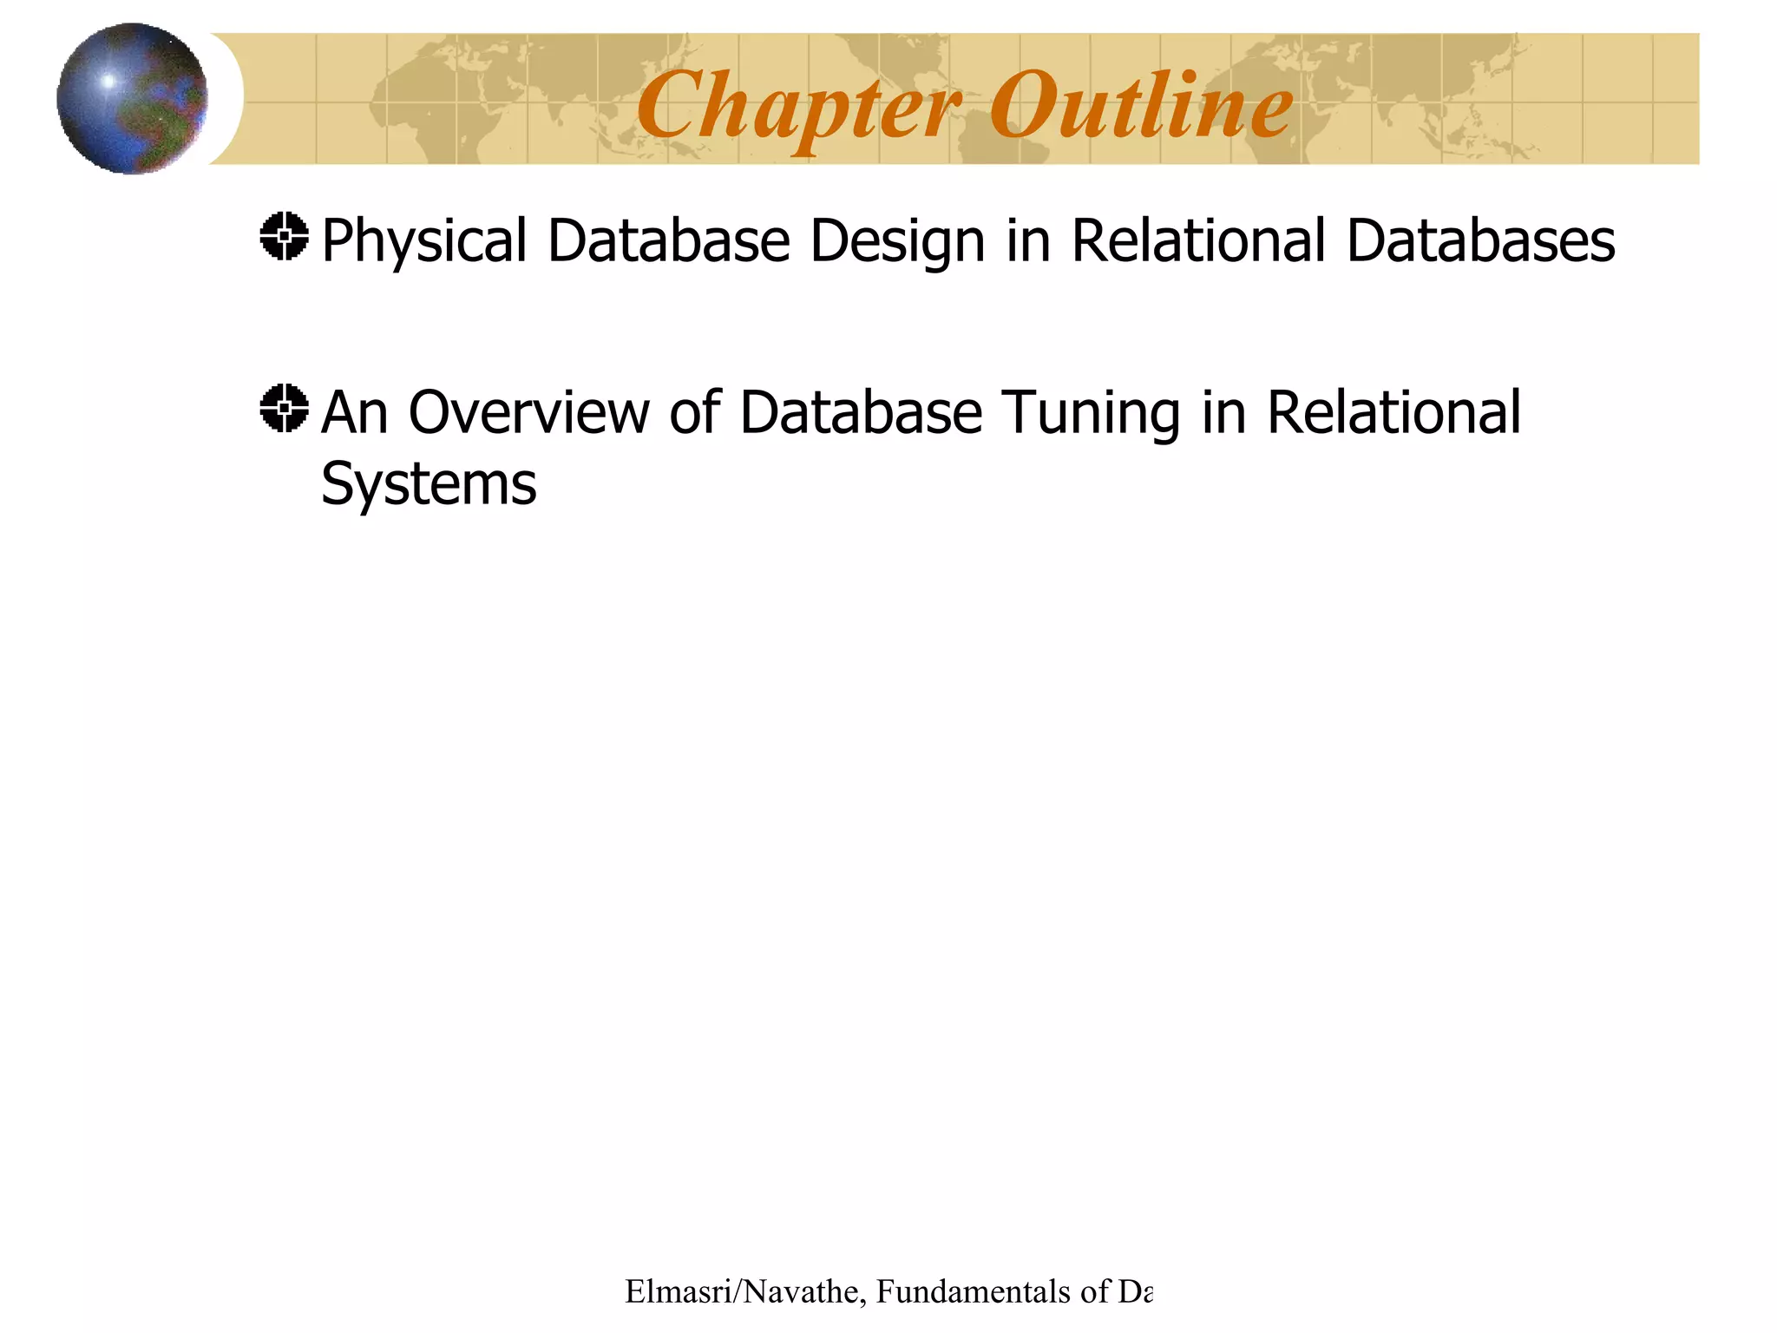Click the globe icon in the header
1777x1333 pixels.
pyautogui.click(x=132, y=98)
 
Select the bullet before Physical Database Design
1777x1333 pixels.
pyautogui.click(x=284, y=236)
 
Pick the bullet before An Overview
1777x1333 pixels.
pyautogui.click(x=284, y=408)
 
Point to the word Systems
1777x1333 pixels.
pyautogui.click(x=429, y=484)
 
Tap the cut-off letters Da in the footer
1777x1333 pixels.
pyautogui.click(x=1135, y=1292)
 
